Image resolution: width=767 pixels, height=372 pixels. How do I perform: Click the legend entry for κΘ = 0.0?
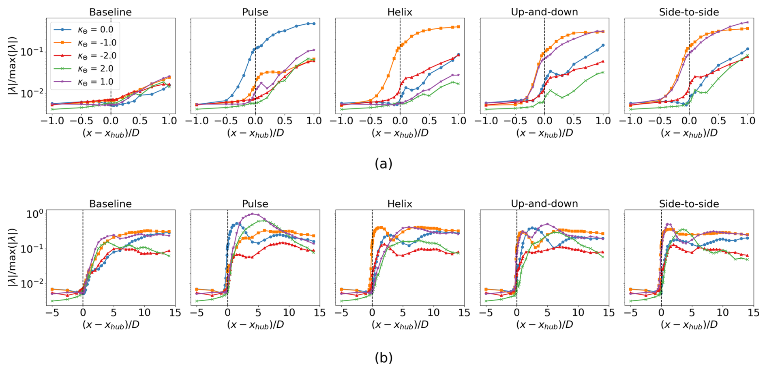(95, 30)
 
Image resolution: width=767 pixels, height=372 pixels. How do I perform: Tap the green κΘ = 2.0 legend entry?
(95, 69)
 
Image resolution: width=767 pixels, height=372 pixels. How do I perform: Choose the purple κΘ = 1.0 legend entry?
(95, 82)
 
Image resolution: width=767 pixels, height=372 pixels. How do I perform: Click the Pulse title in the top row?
(255, 12)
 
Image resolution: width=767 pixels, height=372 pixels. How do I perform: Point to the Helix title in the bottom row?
(400, 204)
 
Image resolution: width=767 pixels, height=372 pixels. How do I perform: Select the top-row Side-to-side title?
(689, 12)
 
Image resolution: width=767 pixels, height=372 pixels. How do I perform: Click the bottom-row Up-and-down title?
(544, 204)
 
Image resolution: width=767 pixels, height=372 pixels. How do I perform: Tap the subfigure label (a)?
(383, 164)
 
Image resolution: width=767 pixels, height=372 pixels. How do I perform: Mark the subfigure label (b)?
(383, 358)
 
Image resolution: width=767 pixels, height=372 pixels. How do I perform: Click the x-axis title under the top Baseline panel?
(111, 133)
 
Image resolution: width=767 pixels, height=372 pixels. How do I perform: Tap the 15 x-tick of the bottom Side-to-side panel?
(753, 313)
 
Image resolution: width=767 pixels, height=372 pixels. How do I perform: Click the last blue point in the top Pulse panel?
(314, 24)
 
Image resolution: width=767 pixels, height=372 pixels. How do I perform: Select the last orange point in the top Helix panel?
(458, 27)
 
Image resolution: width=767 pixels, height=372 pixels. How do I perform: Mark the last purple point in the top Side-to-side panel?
(748, 22)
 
